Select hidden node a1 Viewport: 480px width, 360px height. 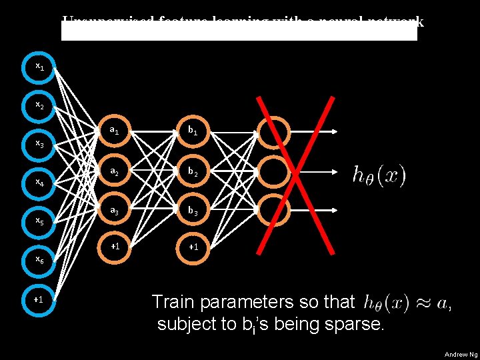click(115, 131)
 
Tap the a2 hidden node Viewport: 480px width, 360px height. click(115, 171)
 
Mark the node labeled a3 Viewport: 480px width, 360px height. click(115, 211)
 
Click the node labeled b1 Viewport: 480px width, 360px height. click(193, 131)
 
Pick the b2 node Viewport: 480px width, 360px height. click(193, 171)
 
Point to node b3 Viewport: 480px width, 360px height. click(193, 211)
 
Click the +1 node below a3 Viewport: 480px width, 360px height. click(115, 247)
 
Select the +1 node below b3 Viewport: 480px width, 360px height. click(193, 247)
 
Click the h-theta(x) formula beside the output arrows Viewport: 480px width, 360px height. click(379, 176)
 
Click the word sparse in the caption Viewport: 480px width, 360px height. click(354, 325)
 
